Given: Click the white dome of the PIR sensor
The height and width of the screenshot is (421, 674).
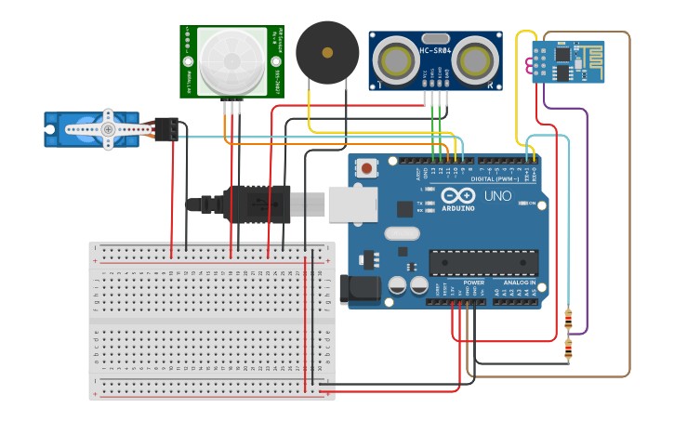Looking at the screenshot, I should click(231, 60).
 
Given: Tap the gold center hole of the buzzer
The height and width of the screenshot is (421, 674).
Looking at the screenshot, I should click(326, 52).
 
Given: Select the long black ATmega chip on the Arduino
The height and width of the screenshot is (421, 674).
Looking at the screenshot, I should click(482, 262).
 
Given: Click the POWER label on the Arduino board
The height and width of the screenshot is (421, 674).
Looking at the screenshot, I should click(474, 283).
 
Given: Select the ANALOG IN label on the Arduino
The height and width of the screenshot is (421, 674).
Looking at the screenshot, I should click(521, 283).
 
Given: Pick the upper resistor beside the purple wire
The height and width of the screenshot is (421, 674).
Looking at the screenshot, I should click(568, 320).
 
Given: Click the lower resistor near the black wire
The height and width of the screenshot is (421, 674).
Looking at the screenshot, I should click(568, 349).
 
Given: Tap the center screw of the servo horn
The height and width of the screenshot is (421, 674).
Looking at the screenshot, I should click(109, 129).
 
